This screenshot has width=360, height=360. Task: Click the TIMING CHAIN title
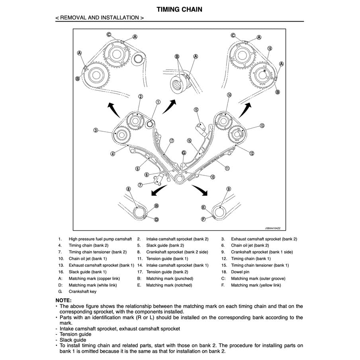(x=179, y=10)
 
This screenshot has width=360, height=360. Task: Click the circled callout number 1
(x=158, y=102)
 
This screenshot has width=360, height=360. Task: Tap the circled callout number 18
(x=270, y=48)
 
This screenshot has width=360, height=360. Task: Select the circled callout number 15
(x=196, y=110)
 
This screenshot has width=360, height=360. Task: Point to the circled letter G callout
(x=184, y=153)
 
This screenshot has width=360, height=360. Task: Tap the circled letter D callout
(x=157, y=219)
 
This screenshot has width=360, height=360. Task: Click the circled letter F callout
(x=203, y=219)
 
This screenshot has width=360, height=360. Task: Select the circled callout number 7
(x=140, y=185)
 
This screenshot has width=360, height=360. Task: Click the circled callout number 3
(x=96, y=130)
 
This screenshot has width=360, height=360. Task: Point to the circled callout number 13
(x=262, y=125)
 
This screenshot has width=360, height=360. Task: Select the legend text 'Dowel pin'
(x=241, y=272)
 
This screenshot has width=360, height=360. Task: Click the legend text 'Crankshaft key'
(x=82, y=292)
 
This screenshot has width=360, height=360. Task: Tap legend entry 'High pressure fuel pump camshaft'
(x=100, y=239)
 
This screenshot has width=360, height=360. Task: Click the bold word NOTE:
(x=64, y=300)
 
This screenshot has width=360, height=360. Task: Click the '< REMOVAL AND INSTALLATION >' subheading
(x=100, y=18)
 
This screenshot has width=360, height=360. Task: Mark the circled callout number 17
(x=172, y=141)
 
